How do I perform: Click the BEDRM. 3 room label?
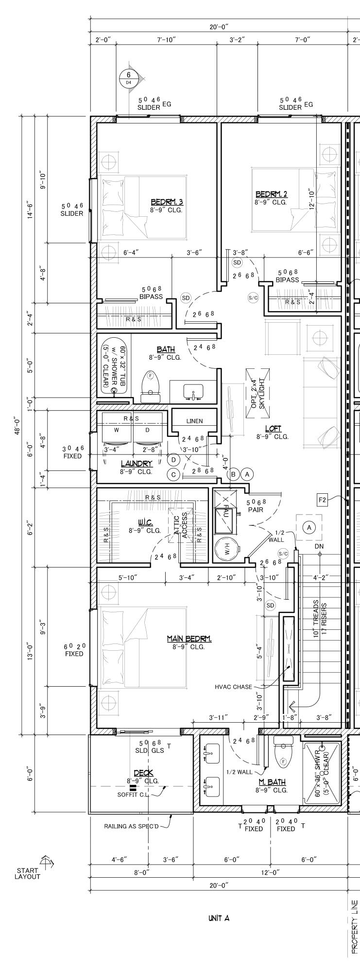click(167, 202)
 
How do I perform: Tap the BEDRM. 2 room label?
click(271, 194)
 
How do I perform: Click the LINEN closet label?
click(194, 421)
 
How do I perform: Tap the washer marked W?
click(116, 430)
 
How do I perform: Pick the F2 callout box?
click(322, 499)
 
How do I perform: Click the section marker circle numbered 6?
click(129, 77)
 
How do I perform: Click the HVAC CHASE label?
click(233, 687)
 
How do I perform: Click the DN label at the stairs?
click(319, 546)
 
